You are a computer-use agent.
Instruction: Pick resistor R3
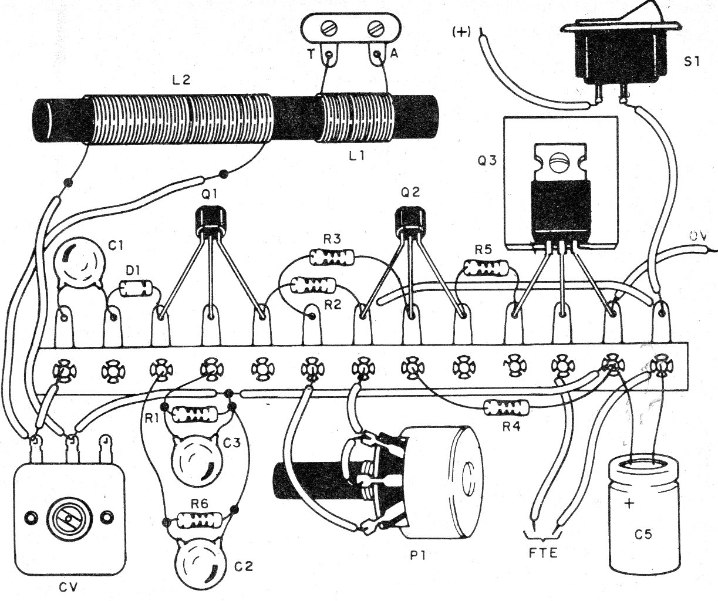click(332, 256)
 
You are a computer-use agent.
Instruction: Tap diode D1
click(136, 288)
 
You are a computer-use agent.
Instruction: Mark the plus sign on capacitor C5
click(631, 504)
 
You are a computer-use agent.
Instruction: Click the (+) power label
click(461, 32)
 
